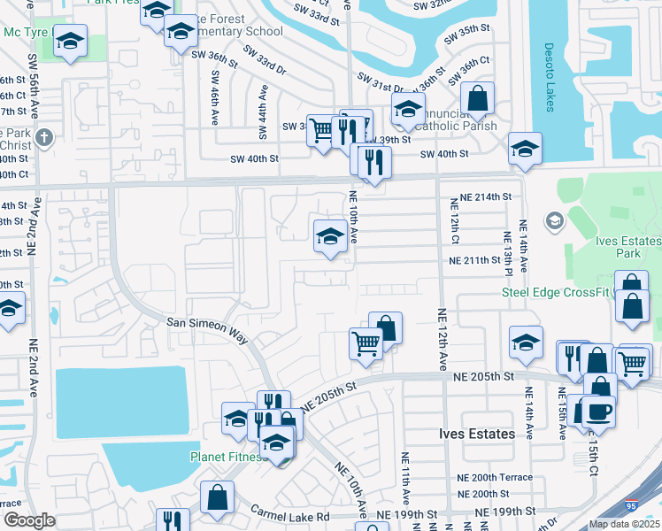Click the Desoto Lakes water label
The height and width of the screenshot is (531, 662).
tap(549, 77)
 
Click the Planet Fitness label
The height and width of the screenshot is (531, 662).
tap(227, 458)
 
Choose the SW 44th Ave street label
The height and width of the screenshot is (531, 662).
tap(263, 112)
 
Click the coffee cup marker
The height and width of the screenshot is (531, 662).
tap(597, 412)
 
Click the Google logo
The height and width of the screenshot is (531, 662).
tap(29, 520)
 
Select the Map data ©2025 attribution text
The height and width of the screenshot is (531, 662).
tap(624, 524)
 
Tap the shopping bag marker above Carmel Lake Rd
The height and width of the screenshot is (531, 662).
tap(217, 497)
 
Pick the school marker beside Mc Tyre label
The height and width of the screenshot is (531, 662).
tap(70, 41)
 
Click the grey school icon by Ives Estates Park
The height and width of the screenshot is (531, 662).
tap(555, 219)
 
